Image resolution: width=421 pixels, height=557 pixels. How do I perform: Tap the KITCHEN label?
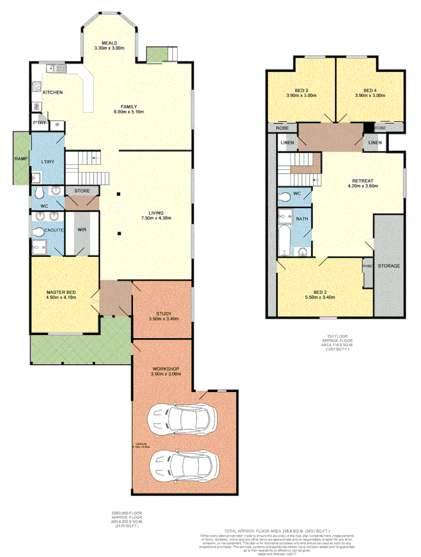[52, 92]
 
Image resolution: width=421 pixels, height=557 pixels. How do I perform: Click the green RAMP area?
[20, 158]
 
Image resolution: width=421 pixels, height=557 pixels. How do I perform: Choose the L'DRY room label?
[48, 161]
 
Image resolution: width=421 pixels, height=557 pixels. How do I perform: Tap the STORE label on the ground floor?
[82, 191]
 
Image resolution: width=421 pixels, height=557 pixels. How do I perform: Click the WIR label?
[82, 230]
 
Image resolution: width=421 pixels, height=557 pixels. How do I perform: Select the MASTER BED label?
[60, 292]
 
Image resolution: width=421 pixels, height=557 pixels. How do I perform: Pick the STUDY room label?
[163, 315]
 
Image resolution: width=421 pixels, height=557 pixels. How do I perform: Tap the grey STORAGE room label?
[389, 266]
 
